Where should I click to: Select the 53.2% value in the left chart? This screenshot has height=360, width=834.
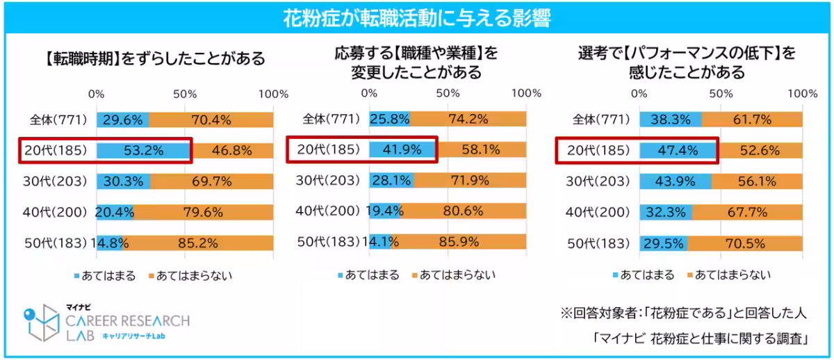tap(143, 150)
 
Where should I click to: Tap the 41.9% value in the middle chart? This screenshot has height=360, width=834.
tap(402, 149)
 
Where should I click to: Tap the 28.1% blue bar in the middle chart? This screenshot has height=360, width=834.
tap(391, 181)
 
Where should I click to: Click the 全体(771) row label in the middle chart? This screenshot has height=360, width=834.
tap(330, 120)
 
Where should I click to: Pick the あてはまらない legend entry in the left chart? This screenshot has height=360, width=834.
tap(184, 276)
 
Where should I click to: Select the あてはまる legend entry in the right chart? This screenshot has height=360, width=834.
tap(643, 275)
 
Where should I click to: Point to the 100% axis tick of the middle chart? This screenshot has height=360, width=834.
tap(526, 93)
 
